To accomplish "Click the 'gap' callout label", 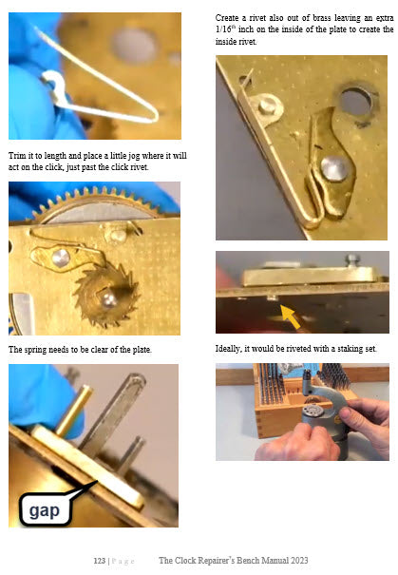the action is tap(45, 510).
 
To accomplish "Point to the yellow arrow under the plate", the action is tap(292, 316).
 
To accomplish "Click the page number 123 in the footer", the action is tap(100, 561).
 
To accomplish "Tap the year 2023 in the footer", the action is tap(299, 561).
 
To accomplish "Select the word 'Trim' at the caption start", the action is tap(16, 156).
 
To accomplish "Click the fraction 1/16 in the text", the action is tap(223, 29).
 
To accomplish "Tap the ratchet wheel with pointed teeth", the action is tap(105, 297).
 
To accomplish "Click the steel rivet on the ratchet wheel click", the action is tap(60, 258).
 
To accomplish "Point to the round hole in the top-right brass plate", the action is tap(355, 101).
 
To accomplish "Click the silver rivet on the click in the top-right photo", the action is tap(333, 168).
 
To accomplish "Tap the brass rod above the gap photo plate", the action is tap(73, 411).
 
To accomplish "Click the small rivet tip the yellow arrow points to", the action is tap(272, 297).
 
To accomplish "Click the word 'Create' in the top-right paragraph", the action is tap(227, 18).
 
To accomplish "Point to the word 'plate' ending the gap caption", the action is tap(142, 350).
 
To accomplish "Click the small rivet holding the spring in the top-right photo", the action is tap(267, 105).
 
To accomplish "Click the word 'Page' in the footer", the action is tap(123, 561).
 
